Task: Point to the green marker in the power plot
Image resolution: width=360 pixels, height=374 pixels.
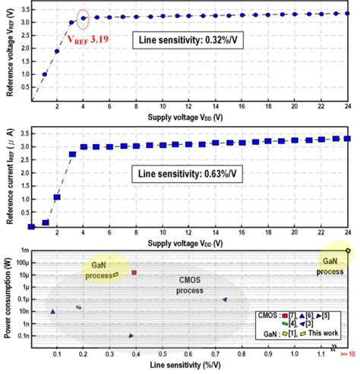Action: pyautogui.click(x=78, y=307)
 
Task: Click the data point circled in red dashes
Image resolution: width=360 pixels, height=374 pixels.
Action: pyautogui.click(x=84, y=18)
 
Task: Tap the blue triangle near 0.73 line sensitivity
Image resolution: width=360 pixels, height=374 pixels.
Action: pyautogui.click(x=225, y=300)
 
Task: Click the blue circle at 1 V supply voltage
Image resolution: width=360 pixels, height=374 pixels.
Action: pyautogui.click(x=45, y=74)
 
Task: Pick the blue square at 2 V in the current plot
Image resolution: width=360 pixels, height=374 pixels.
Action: pyautogui.click(x=57, y=197)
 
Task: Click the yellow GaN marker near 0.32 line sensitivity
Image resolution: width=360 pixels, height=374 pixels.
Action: pyautogui.click(x=115, y=275)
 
